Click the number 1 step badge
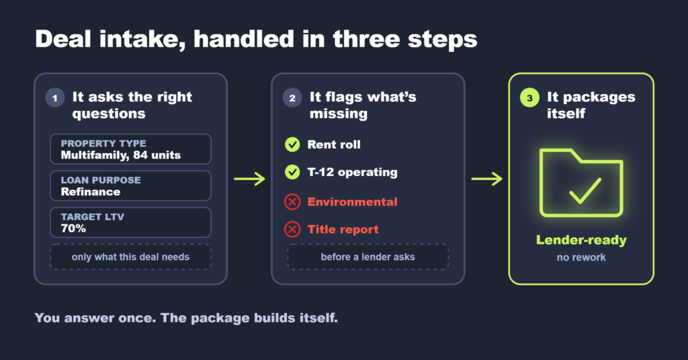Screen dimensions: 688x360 (x=55, y=98)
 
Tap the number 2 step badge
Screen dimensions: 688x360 (x=292, y=98)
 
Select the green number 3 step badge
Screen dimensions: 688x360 (x=529, y=98)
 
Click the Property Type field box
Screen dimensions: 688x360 (x=131, y=149)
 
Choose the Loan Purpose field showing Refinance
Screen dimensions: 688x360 (x=131, y=186)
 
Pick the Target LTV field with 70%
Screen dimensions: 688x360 (x=131, y=222)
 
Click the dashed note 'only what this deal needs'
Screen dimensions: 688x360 (x=131, y=257)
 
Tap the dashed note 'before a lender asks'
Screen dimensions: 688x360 (x=368, y=257)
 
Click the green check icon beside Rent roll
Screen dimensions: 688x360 (x=292, y=144)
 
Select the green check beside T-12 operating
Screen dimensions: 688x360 (x=292, y=172)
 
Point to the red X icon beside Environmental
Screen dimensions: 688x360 (x=292, y=201)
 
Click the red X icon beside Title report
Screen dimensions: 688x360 (x=292, y=229)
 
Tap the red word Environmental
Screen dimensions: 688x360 (x=352, y=201)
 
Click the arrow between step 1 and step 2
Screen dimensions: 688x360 (x=249, y=179)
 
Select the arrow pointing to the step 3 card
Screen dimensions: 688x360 (x=486, y=179)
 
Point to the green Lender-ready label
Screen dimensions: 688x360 (x=581, y=240)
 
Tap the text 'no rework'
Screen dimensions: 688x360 (x=581, y=257)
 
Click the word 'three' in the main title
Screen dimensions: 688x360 (x=366, y=39)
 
